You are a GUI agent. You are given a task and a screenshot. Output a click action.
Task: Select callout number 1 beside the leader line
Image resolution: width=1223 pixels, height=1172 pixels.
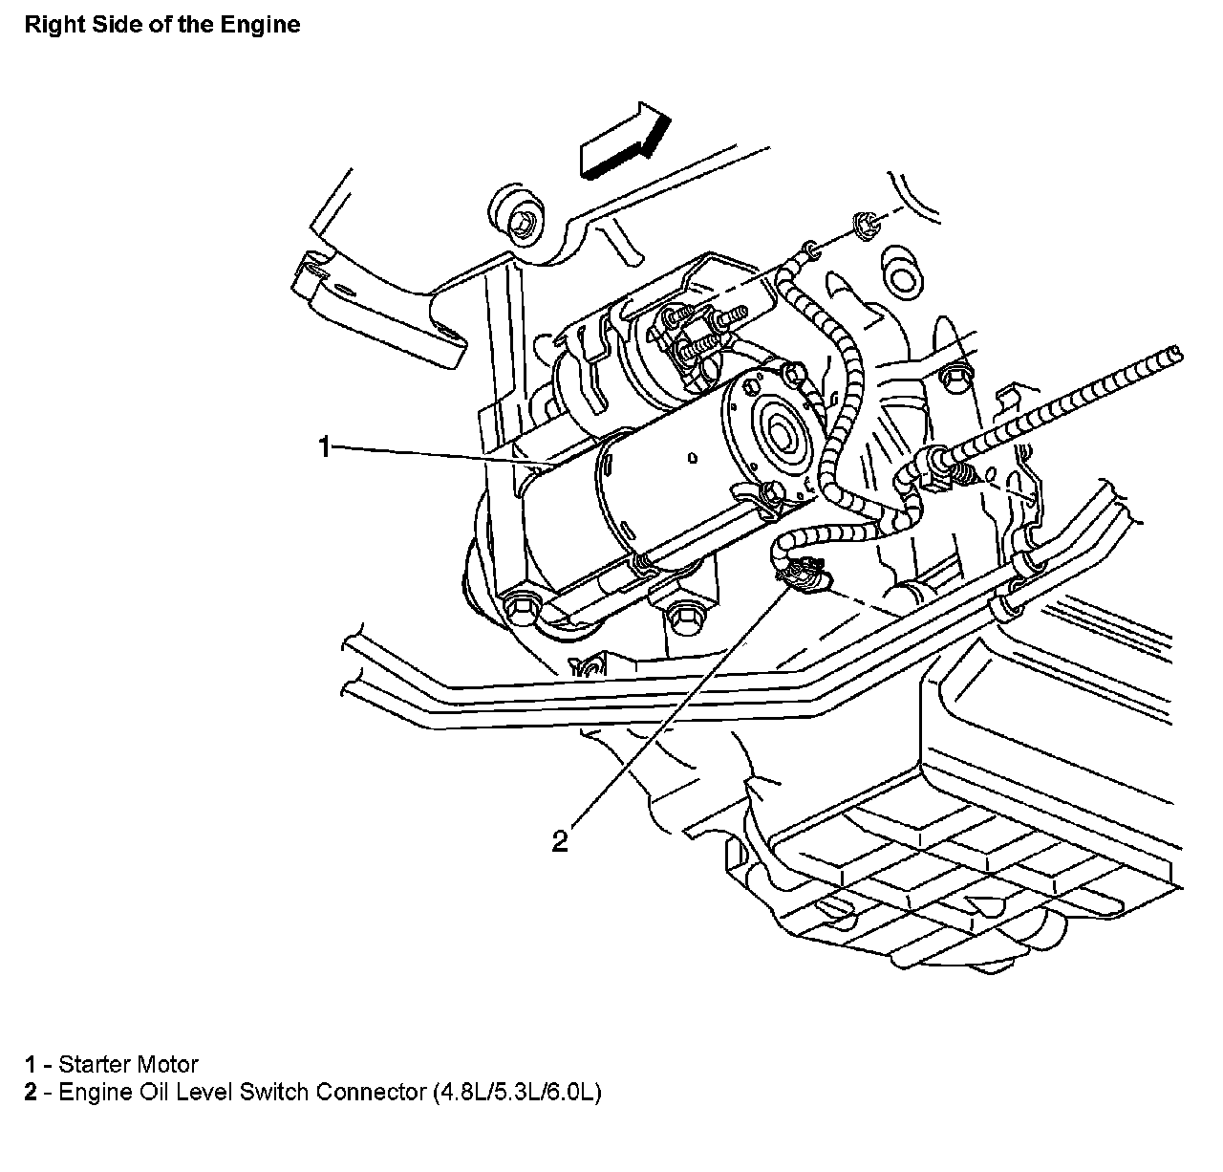pos(324,446)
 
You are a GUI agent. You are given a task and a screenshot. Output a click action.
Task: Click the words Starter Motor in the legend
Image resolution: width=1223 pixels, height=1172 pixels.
pos(128,1064)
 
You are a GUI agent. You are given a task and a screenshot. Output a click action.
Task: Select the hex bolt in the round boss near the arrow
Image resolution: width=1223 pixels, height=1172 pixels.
pos(521,223)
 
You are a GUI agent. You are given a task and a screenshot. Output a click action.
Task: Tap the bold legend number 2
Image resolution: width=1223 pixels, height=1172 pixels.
pos(32,1092)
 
